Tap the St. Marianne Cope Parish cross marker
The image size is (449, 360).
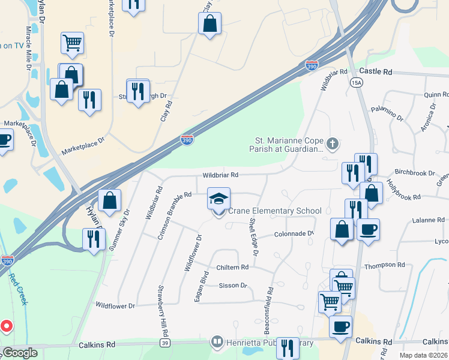click(x=333, y=144)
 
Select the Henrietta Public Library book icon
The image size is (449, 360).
click(x=217, y=343)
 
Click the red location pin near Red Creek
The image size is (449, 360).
click(x=7, y=326)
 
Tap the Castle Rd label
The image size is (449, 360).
click(x=376, y=71)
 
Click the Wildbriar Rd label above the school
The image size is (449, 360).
click(x=220, y=175)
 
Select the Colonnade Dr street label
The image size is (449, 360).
click(x=294, y=234)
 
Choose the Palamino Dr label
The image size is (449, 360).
click(x=387, y=112)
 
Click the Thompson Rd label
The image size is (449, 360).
click(x=388, y=265)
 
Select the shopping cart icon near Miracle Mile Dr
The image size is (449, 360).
click(x=72, y=43)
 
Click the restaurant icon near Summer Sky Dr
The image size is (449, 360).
click(x=94, y=239)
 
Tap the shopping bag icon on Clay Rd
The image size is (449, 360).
click(x=209, y=23)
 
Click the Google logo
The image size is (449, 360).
click(x=19, y=353)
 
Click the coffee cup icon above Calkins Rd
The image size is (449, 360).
click(x=340, y=326)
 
